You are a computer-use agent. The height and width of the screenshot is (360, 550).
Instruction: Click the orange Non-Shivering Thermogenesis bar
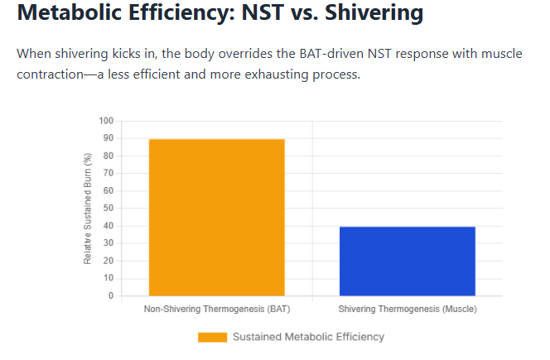click(x=216, y=217)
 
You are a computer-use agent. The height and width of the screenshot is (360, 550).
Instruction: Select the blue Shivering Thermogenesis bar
click(x=408, y=261)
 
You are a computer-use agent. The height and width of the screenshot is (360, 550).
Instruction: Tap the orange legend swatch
click(x=212, y=337)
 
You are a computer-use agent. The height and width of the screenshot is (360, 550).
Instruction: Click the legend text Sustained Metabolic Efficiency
click(x=308, y=337)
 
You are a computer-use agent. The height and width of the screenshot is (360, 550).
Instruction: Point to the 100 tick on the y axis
click(x=105, y=121)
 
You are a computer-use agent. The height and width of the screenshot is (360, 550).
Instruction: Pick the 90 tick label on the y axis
click(x=108, y=138)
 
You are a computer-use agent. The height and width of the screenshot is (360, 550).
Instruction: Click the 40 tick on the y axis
click(x=108, y=226)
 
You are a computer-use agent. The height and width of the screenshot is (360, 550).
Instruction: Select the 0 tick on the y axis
click(x=110, y=295)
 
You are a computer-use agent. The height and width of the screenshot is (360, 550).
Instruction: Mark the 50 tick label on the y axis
click(x=108, y=209)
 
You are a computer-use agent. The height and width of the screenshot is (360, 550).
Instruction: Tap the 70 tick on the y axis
click(x=108, y=173)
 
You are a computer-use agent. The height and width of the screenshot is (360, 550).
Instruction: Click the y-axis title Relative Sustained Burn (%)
click(x=89, y=209)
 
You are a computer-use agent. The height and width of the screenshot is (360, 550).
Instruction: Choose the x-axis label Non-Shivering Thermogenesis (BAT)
click(x=216, y=310)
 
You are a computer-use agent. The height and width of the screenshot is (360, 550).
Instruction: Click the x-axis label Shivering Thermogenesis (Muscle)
click(x=408, y=310)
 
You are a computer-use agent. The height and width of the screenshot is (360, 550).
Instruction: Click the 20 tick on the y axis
click(x=108, y=261)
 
